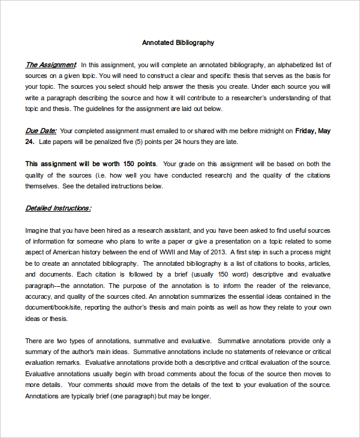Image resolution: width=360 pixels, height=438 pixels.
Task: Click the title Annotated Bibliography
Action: (x=178, y=43)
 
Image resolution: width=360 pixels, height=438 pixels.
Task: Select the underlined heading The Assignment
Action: (x=50, y=65)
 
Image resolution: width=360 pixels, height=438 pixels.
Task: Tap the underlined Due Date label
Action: (x=41, y=130)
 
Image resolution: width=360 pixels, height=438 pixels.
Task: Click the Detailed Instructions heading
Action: (x=58, y=208)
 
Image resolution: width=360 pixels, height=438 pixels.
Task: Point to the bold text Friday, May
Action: (x=313, y=130)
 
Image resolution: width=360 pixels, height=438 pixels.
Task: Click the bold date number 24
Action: (x=29, y=142)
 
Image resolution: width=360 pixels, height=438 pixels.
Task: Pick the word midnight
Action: (x=268, y=130)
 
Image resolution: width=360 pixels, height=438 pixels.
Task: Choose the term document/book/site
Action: (x=54, y=308)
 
